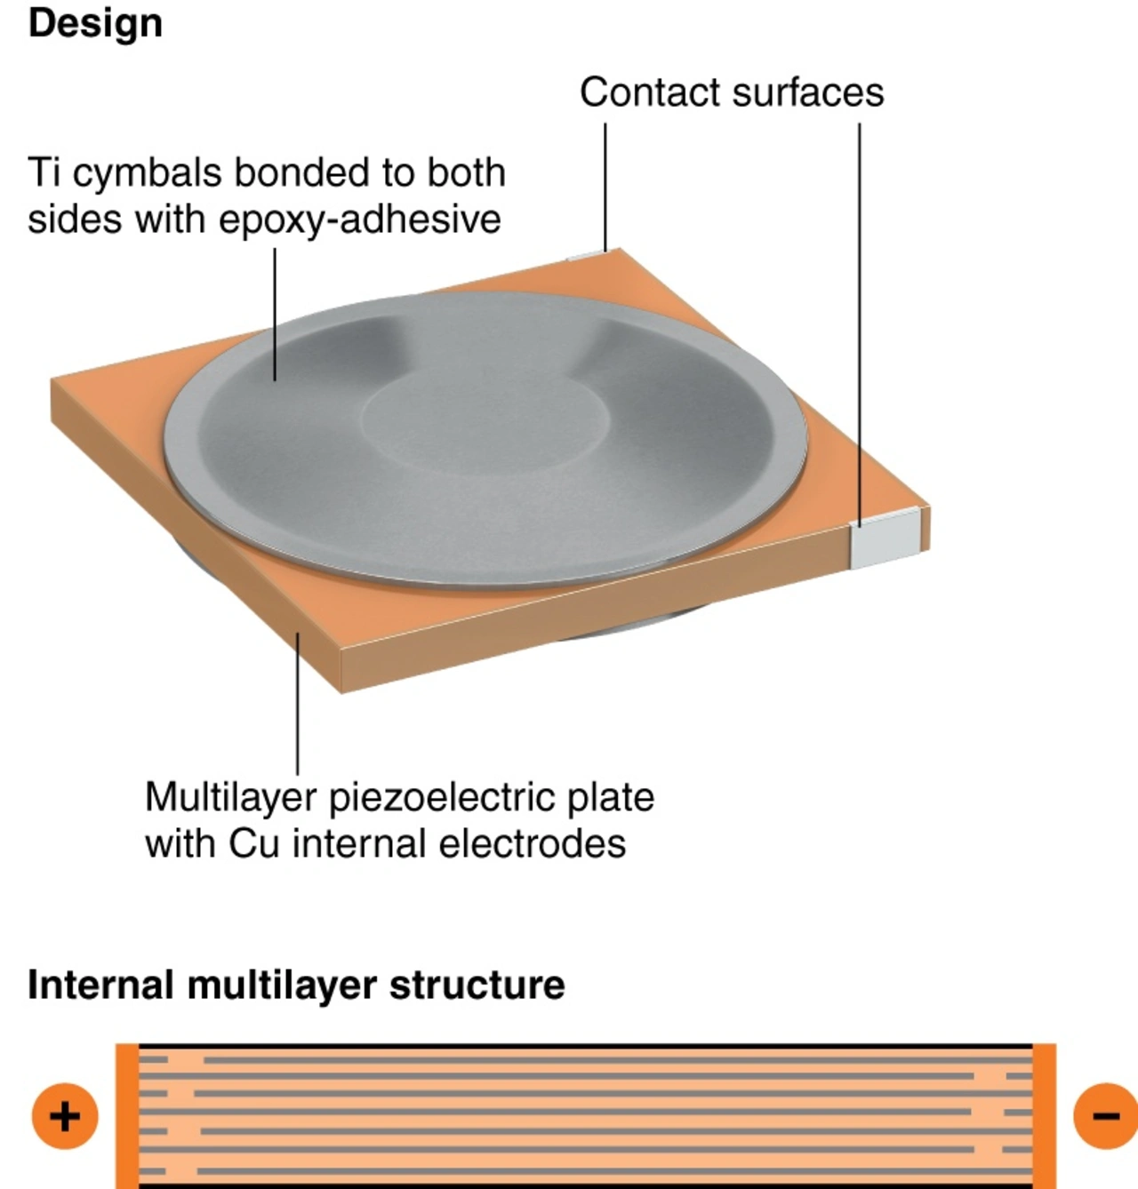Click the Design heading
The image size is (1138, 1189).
95,23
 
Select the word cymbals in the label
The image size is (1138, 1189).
147,172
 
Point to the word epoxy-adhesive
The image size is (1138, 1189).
359,219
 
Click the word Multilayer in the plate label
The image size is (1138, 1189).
230,797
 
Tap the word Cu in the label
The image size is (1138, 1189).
254,843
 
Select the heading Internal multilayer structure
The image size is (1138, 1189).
296,985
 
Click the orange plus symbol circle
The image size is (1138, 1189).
65,1116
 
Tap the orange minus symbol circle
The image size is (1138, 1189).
1105,1116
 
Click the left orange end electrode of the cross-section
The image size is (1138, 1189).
127,1116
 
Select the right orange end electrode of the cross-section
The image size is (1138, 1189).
1044,1116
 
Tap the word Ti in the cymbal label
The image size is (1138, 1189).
45,172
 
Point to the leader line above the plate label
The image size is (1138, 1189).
298,702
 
